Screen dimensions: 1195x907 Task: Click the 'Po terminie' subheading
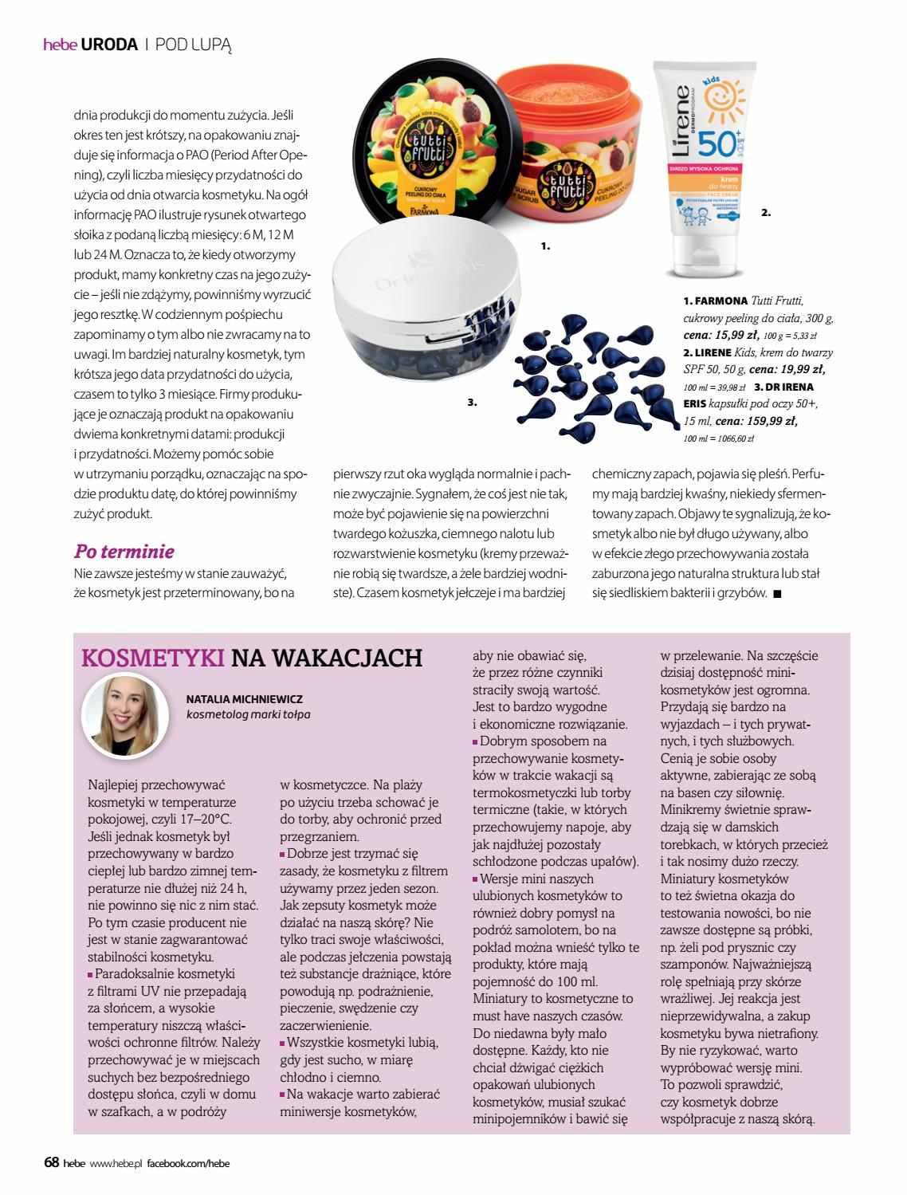click(x=124, y=552)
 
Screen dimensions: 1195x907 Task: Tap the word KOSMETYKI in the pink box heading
click(x=152, y=657)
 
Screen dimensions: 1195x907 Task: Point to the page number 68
click(x=51, y=1163)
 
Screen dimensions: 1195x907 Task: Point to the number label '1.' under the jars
click(x=546, y=247)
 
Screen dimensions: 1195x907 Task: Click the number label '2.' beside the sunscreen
click(x=766, y=213)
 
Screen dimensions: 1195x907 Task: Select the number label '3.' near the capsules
click(x=473, y=403)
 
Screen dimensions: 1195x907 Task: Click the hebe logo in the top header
click(x=59, y=45)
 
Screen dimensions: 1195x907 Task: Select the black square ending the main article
click(x=777, y=593)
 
